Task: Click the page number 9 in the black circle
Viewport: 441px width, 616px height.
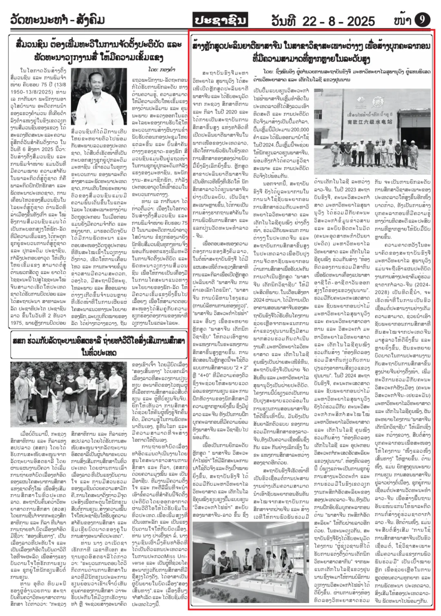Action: point(423,19)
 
